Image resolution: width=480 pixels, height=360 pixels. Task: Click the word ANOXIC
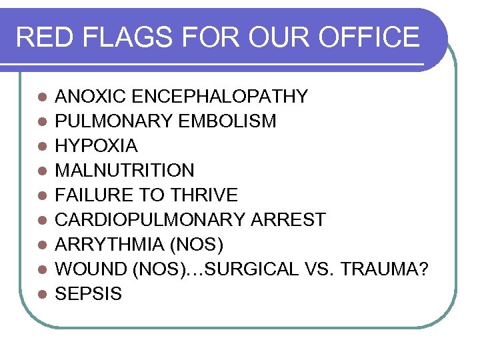(x=91, y=97)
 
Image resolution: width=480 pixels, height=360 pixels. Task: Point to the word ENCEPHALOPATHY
(x=220, y=97)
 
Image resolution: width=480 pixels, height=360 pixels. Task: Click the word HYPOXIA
(x=96, y=146)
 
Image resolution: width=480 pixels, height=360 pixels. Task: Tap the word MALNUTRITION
(x=125, y=171)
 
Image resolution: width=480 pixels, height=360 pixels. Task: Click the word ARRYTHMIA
(x=110, y=245)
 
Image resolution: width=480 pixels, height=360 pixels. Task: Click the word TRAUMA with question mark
(x=387, y=269)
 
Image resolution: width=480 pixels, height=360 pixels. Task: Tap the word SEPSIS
(x=88, y=294)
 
